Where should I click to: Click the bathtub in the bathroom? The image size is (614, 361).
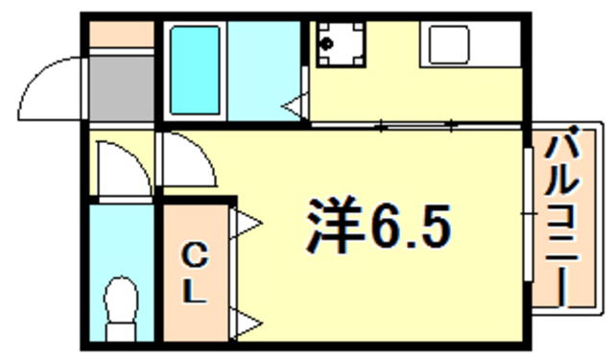(195, 68)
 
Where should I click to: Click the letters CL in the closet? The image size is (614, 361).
(195, 274)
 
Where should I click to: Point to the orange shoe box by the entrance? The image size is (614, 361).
(122, 35)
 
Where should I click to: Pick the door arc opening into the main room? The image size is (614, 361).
(187, 161)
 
